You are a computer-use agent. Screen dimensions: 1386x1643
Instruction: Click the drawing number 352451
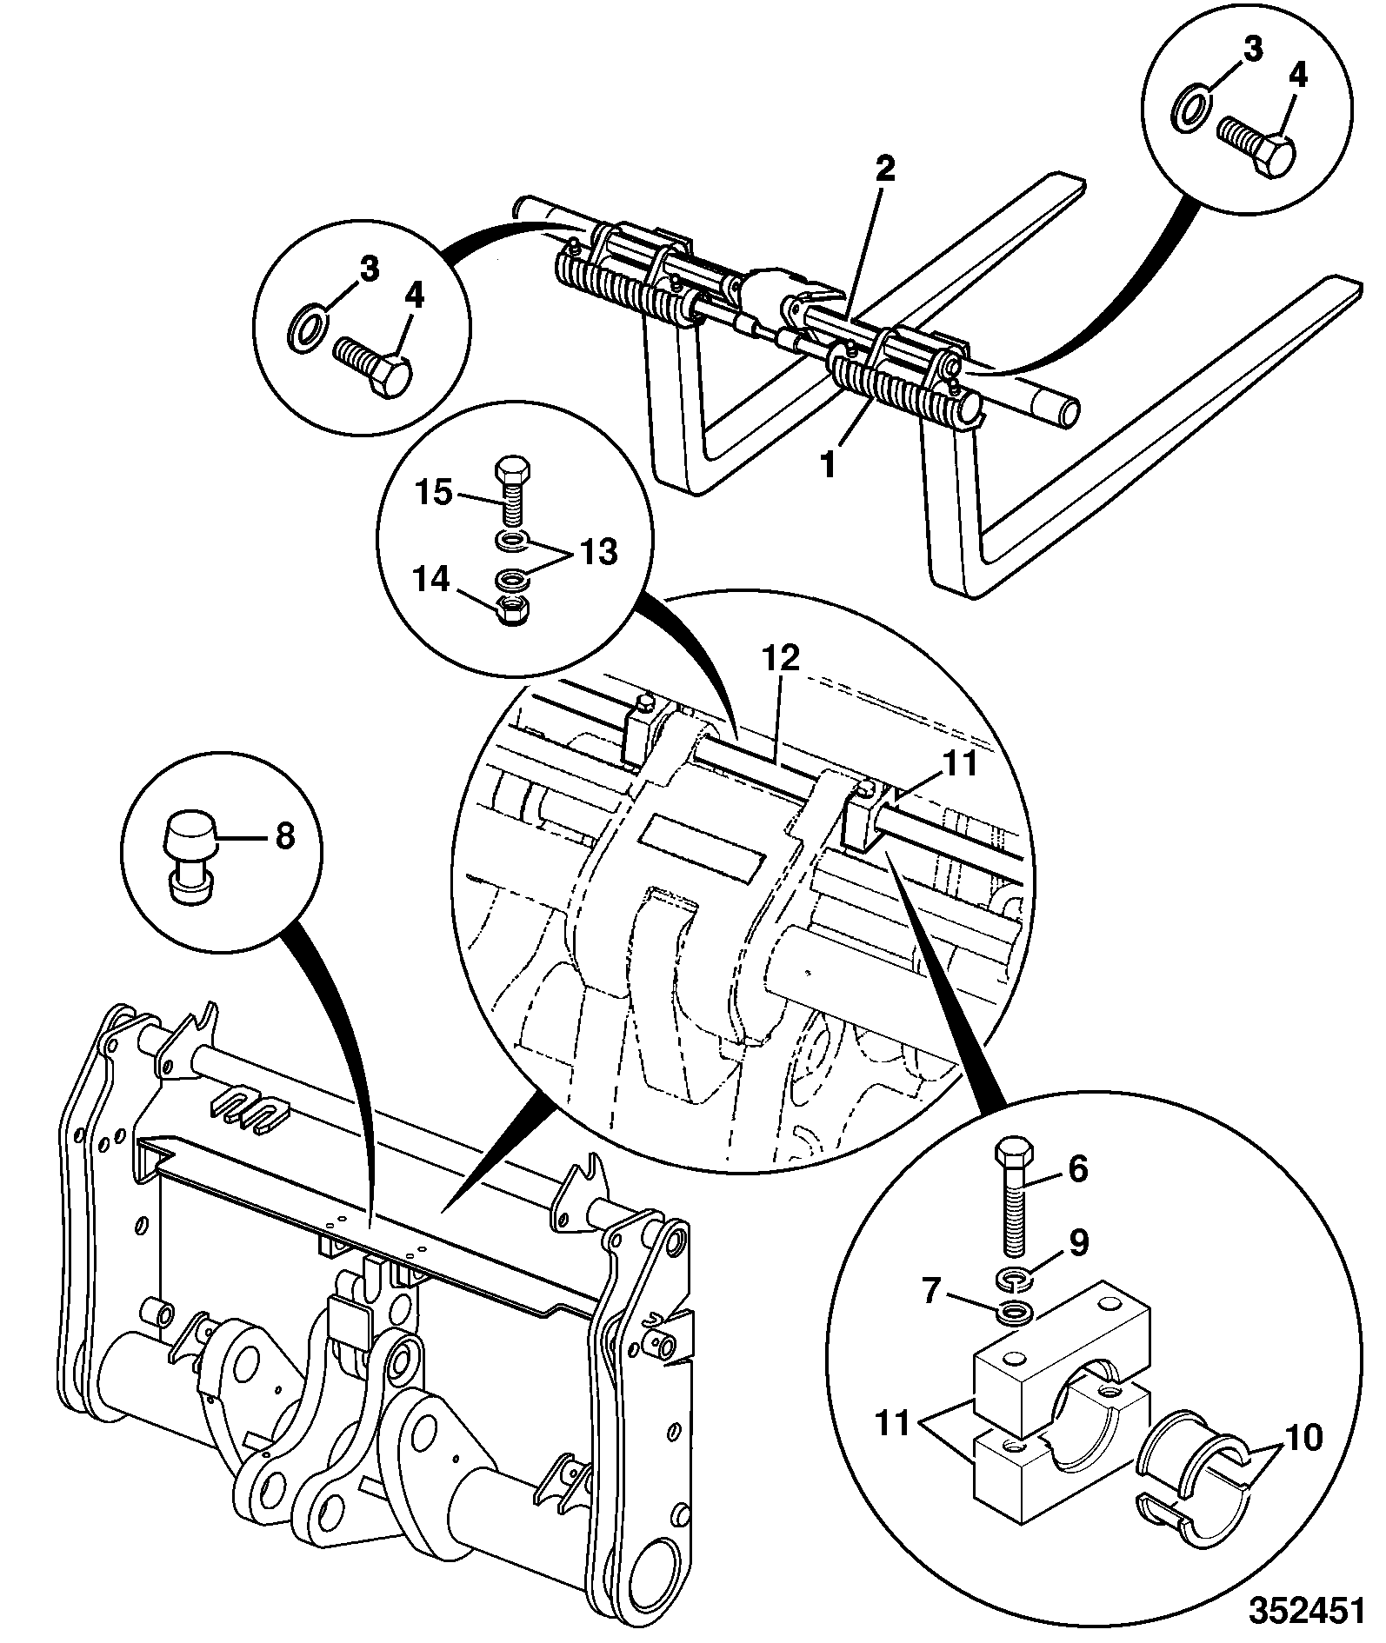[1306, 1610]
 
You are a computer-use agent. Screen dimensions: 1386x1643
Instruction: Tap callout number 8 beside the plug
[284, 836]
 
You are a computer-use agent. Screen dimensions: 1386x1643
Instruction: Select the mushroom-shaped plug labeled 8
[191, 856]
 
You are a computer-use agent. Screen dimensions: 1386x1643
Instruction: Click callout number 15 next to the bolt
[433, 493]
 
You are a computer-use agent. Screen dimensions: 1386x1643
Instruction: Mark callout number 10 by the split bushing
[1302, 1437]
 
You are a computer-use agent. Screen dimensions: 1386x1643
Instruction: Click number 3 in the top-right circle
[1251, 50]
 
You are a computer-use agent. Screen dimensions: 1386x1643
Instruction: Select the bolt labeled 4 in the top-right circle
[1257, 144]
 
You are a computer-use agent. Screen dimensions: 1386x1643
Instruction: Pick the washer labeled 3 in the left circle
[305, 329]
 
